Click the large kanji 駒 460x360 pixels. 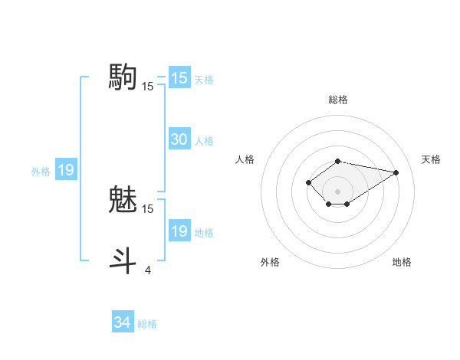pos(122,77)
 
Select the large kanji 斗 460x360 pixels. pos(122,260)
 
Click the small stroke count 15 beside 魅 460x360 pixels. pos(148,208)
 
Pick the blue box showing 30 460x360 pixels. pos(179,139)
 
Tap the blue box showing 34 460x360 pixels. pos(122,322)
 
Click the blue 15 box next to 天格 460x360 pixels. pos(179,78)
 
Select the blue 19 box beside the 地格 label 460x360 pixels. pos(179,231)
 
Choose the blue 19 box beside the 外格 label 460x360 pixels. pos(66,170)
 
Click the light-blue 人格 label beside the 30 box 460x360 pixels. pos(204,141)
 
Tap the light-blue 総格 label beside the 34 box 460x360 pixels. pos(147,324)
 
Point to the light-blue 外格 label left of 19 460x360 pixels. pos(41,172)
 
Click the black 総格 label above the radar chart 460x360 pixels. pos(338,100)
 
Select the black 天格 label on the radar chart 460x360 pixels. pos(431,159)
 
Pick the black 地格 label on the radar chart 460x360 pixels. pos(402,262)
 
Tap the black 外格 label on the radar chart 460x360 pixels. pos(270,262)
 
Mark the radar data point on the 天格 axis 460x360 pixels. pos(396,172)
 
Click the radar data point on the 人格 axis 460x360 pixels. pos(308,182)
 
